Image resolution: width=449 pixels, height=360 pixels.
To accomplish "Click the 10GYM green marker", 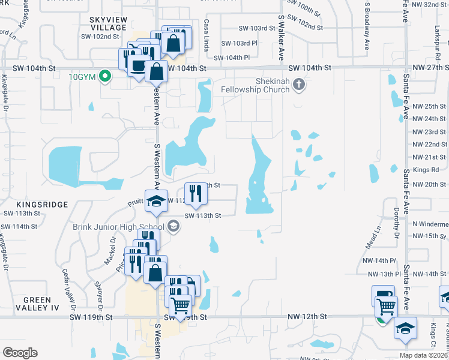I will [105, 76].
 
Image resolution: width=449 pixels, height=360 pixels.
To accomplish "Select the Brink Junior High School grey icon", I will [173, 226].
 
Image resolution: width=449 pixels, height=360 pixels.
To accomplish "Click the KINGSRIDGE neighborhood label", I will [26, 205].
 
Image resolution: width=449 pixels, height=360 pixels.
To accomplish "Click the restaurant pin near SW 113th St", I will [196, 193].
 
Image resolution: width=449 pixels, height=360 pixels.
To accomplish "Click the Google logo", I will [20, 352].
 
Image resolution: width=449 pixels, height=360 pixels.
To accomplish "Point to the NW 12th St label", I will [307, 316].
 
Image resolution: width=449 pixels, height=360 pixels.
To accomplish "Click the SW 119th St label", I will [91, 316].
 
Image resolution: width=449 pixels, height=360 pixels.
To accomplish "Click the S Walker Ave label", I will [280, 38].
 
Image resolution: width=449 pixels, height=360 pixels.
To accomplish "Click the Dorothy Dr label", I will [397, 223].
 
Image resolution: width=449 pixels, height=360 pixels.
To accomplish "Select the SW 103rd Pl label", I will [239, 43].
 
